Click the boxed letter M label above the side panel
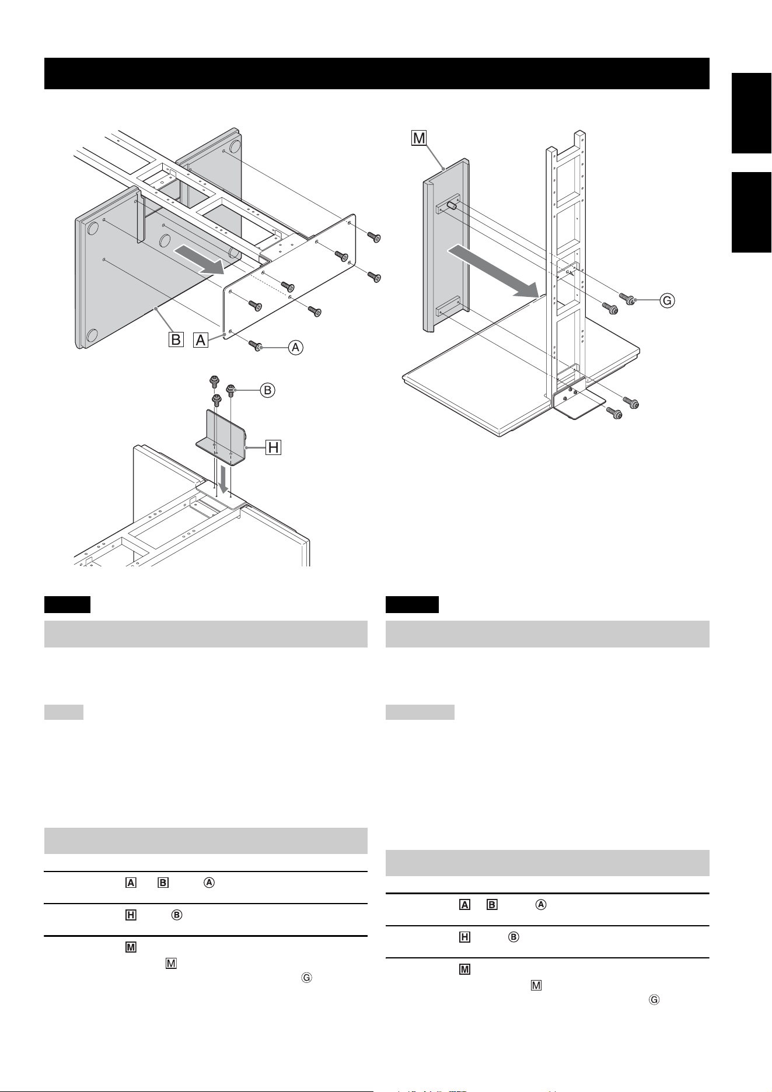[x=419, y=138]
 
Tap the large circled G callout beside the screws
[x=667, y=301]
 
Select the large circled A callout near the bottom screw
[x=296, y=348]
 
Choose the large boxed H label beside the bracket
[x=273, y=447]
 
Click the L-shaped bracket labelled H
[x=222, y=437]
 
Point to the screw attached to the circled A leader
[x=256, y=346]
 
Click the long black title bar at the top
[x=377, y=73]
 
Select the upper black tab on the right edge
[x=752, y=113]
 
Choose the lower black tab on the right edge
[x=752, y=212]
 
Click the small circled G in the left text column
[x=306, y=979]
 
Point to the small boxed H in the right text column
[x=464, y=937]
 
